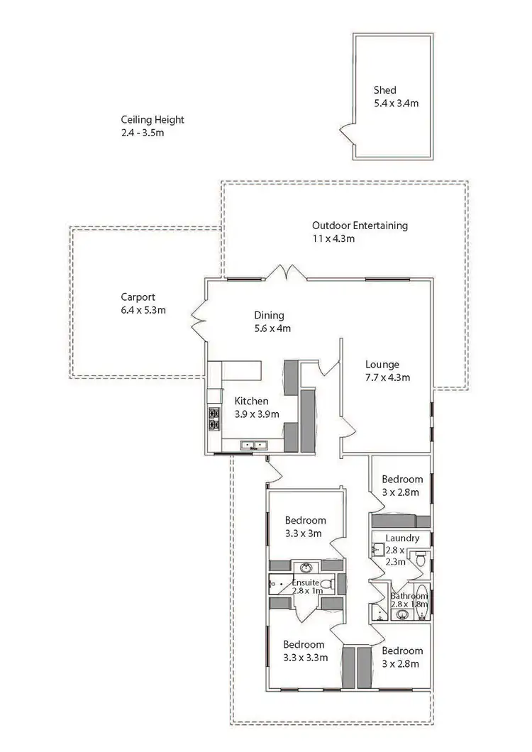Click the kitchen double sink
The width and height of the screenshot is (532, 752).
253,446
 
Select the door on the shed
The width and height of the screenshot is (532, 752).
347,133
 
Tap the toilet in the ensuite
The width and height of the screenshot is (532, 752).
327,584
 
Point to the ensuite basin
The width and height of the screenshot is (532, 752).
306,568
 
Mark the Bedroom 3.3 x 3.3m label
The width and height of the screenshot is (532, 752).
305,651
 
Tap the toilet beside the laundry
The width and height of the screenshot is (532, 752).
421,561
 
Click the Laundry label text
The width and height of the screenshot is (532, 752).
402,538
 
